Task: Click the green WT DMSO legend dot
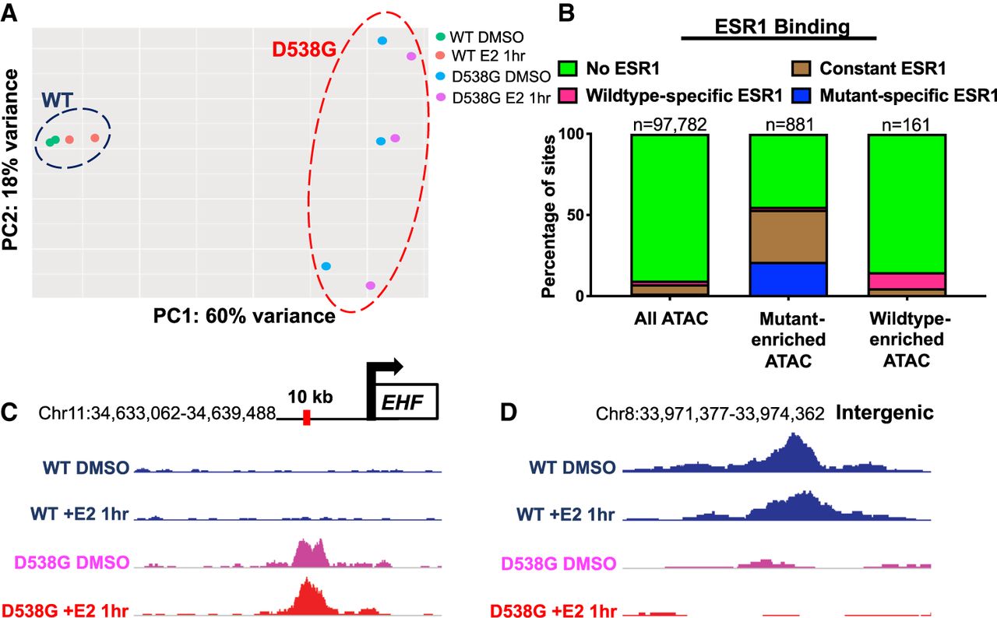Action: (441, 36)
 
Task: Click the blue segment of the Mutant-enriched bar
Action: (787, 279)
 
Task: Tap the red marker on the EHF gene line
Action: (307, 417)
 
